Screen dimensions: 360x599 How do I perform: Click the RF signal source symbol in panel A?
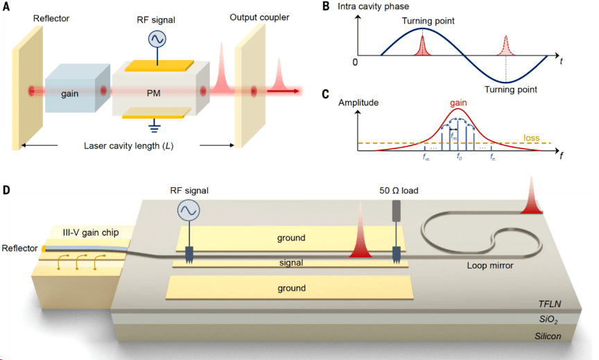(157, 40)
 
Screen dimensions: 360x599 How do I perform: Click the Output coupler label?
(258, 16)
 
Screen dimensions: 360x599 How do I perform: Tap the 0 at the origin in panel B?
(355, 62)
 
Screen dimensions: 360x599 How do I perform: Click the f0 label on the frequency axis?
(458, 157)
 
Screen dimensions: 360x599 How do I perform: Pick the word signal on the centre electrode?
(290, 263)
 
